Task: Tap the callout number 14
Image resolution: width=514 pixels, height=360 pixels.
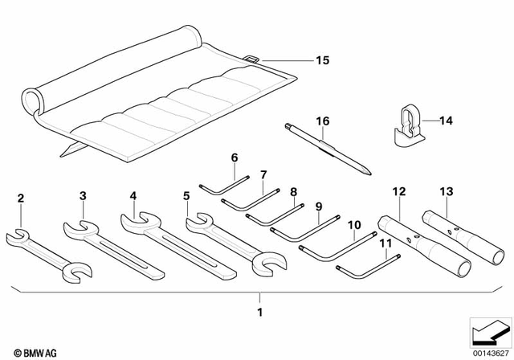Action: [446, 121]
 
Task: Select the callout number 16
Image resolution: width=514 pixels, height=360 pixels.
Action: [322, 121]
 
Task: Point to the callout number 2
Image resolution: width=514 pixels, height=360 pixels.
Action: [21, 198]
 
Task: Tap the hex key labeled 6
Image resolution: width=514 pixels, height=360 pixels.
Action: [218, 183]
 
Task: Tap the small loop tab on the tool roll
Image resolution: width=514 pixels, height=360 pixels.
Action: [251, 59]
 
